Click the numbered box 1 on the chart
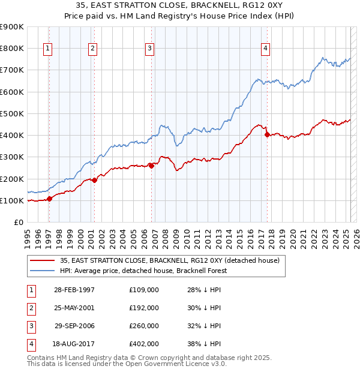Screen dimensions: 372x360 (47, 49)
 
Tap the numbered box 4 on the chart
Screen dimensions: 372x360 (265, 49)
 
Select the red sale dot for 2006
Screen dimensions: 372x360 (152, 166)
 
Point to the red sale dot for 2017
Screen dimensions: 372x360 (267, 135)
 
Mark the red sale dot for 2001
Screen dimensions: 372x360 (95, 181)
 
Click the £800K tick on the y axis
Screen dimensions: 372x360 (12, 49)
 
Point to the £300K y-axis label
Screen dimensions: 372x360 (12, 157)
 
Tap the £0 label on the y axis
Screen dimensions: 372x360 (17, 223)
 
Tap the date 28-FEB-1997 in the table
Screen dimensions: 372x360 (74, 290)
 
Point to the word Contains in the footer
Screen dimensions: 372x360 (41, 357)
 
